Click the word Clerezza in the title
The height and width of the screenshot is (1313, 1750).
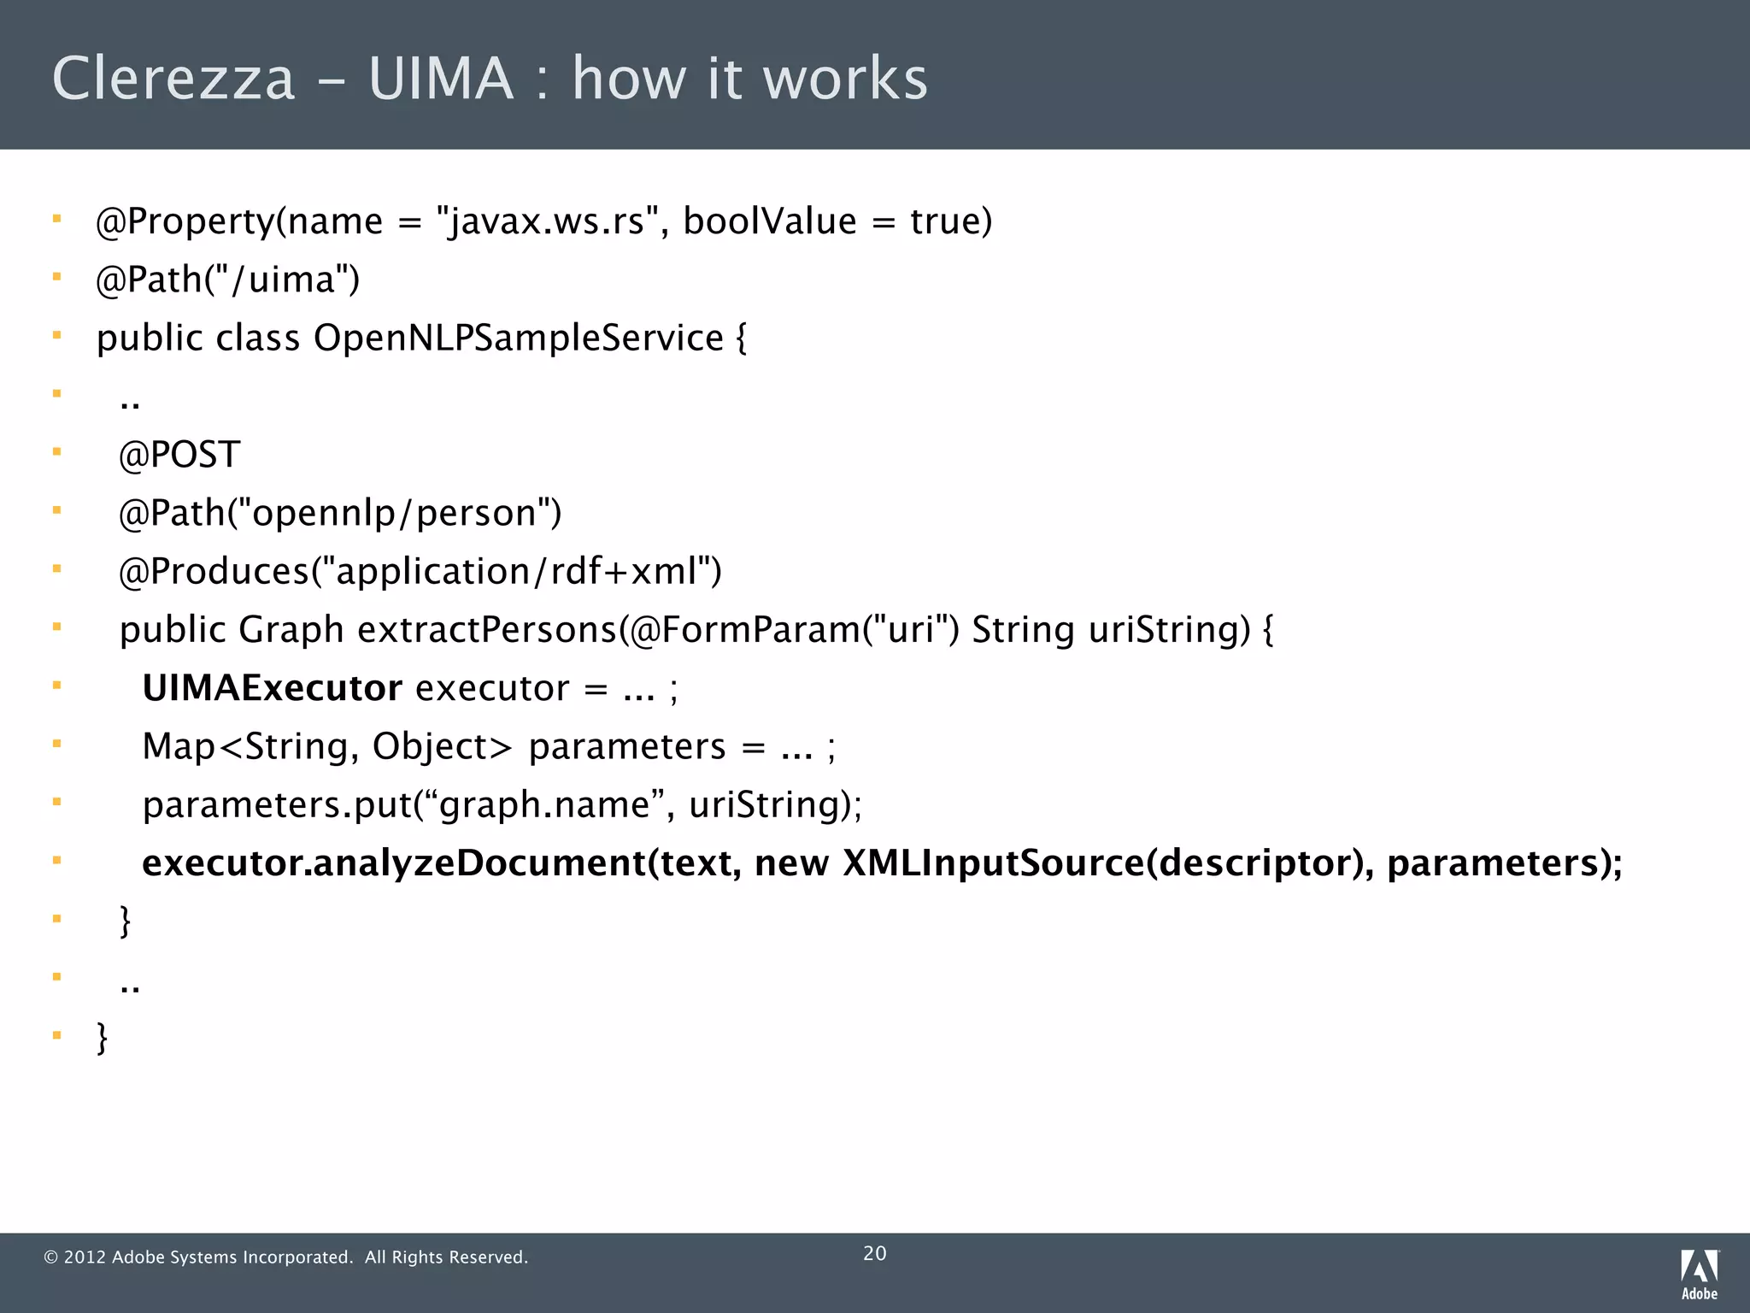point(173,79)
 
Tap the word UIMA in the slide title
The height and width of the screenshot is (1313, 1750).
point(441,79)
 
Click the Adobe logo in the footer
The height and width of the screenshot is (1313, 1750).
point(1700,1273)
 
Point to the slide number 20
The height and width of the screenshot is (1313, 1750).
point(875,1253)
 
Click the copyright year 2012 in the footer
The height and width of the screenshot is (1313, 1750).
point(85,1257)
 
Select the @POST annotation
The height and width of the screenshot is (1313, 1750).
point(179,455)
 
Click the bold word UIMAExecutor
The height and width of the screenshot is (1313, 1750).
point(272,688)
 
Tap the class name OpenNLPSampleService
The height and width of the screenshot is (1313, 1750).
point(519,338)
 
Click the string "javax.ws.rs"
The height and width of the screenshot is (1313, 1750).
point(547,221)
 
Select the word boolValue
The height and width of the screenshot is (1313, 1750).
point(769,221)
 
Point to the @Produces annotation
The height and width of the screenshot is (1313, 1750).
point(214,571)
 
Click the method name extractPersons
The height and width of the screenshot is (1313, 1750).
point(487,630)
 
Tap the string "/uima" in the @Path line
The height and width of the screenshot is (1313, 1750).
point(278,280)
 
